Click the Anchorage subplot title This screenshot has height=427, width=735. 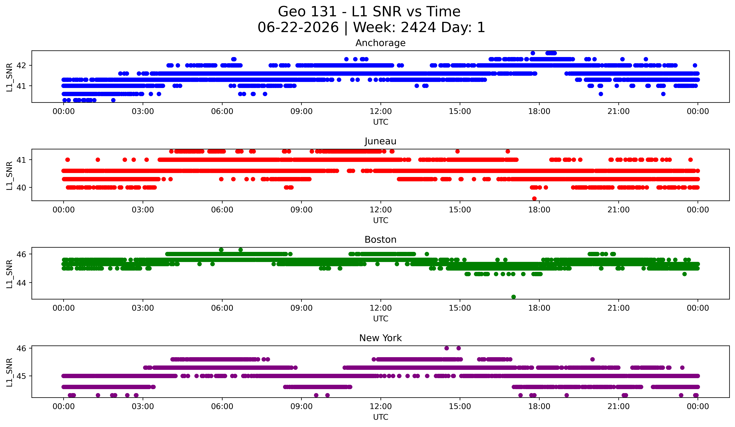coord(380,43)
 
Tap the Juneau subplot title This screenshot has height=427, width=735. coord(380,141)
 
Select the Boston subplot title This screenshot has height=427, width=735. coord(380,240)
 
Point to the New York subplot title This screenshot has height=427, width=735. coord(380,338)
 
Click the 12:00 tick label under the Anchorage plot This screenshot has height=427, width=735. coord(381,111)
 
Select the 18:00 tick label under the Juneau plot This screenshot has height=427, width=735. coord(539,210)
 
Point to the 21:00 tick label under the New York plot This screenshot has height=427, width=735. coord(618,406)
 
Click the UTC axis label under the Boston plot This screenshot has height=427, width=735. coord(381,319)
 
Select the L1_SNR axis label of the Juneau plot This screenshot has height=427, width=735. coord(9,175)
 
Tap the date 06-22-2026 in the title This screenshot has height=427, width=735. coord(298,27)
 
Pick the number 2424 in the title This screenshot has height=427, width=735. coord(418,27)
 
